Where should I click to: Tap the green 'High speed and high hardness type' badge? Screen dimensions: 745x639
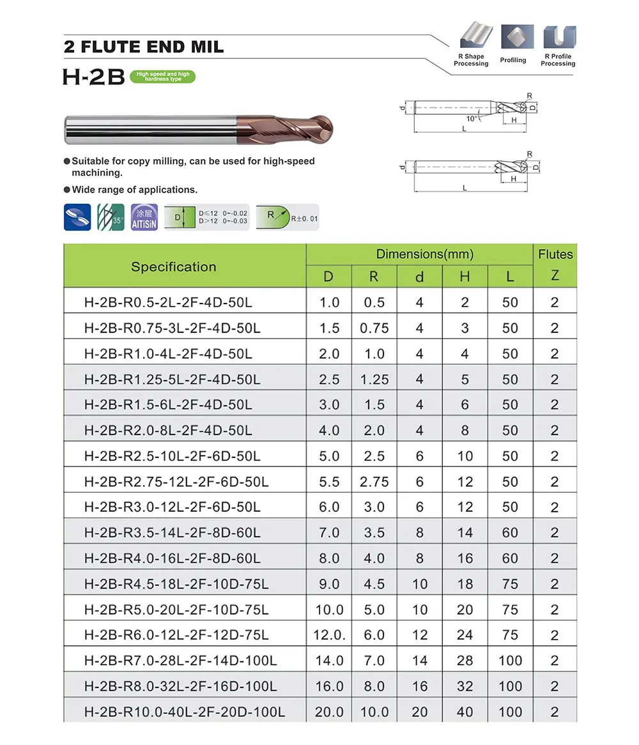coord(162,77)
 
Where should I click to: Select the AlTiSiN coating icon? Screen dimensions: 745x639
coord(144,218)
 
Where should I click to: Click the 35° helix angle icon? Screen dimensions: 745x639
coord(111,218)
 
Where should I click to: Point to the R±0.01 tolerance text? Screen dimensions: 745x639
coord(304,219)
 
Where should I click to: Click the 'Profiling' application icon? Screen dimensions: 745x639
coord(517,38)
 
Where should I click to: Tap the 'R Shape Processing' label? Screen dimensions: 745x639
coord(471,60)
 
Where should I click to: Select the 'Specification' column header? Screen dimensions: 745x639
coord(173,267)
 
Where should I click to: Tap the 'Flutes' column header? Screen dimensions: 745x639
coord(555,254)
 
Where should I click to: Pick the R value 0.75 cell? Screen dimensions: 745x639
coord(374,328)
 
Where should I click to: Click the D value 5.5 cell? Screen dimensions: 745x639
coord(329,482)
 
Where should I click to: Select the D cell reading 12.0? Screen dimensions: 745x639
coord(329,635)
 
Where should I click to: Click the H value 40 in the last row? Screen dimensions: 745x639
coord(465,712)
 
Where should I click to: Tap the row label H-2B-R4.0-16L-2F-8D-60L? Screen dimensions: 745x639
coord(172,558)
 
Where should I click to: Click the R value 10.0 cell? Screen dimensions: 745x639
coord(374,712)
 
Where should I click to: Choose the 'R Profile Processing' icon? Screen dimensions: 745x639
coord(559,38)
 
